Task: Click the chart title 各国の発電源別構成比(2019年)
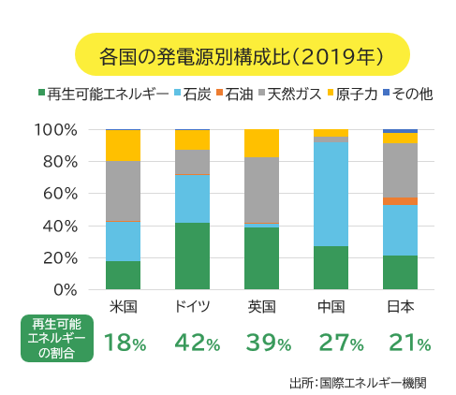click(242, 54)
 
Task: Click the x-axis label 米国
click(124, 307)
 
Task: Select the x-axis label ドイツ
click(192, 307)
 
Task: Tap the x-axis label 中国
click(331, 307)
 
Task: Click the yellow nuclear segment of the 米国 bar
click(124, 145)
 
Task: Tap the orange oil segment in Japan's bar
click(400, 201)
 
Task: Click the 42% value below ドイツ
click(194, 343)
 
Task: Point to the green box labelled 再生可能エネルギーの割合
click(56, 337)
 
